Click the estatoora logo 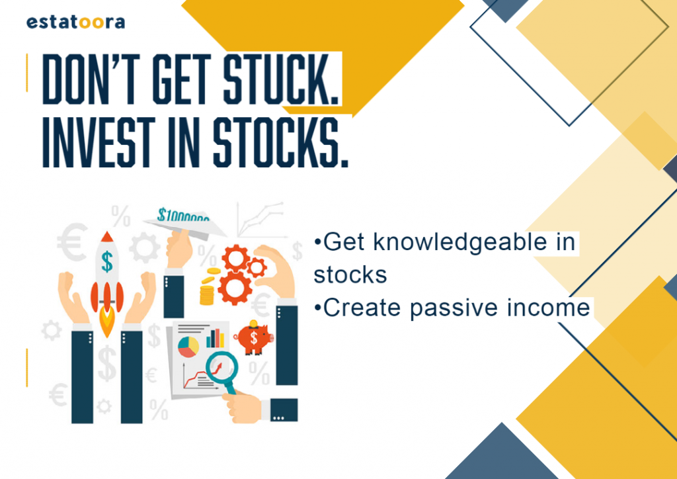75,22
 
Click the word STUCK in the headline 280,79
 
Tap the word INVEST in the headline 99,142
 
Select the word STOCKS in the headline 280,142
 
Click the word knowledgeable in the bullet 466,242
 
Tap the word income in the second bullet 548,308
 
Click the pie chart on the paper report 188,347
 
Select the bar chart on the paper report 215,338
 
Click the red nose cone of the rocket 106,236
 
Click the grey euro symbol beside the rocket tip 73,242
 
